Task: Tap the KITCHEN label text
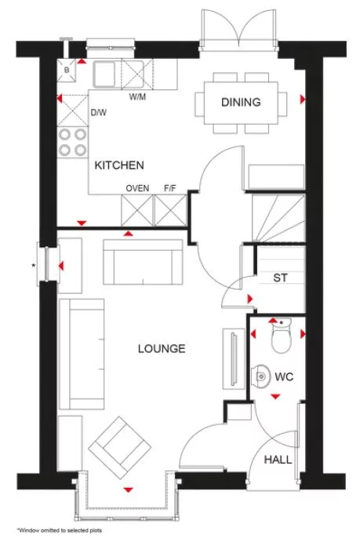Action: click(x=119, y=165)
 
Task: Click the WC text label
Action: click(x=283, y=376)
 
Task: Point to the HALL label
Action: click(x=278, y=460)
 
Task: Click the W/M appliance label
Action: click(x=136, y=98)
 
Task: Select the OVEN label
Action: click(x=137, y=188)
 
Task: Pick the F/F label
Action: click(x=169, y=188)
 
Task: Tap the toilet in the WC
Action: click(x=278, y=336)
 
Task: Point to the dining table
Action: click(x=240, y=103)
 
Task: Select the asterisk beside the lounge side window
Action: click(x=32, y=266)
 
